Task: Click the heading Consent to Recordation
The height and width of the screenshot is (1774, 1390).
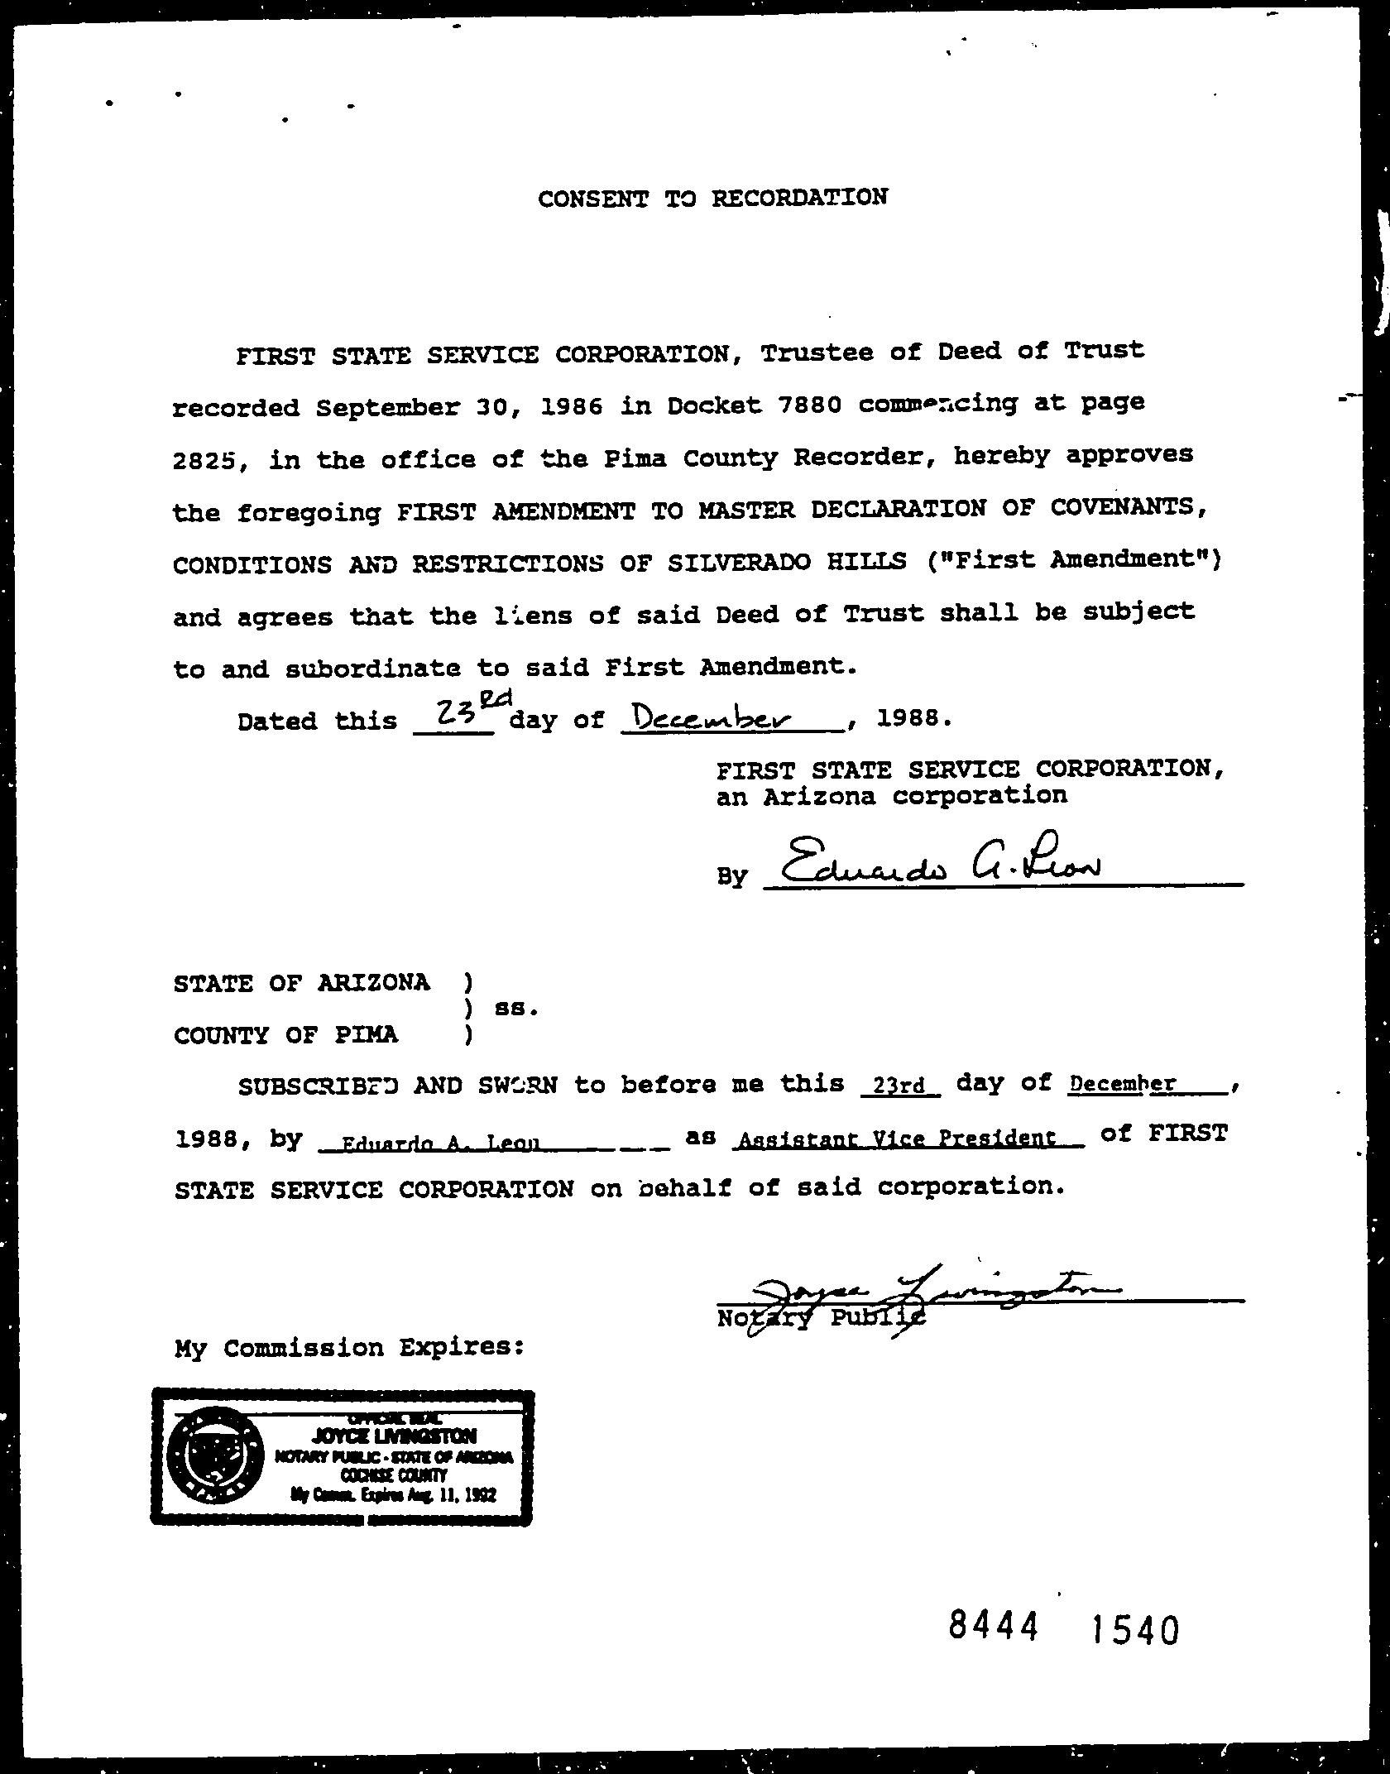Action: tap(712, 199)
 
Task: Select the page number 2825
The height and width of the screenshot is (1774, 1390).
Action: tap(206, 459)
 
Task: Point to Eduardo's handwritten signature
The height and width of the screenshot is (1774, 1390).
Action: tap(938, 863)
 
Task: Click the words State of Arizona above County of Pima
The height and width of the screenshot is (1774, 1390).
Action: tap(301, 983)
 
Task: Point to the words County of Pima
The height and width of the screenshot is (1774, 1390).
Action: tap(285, 1035)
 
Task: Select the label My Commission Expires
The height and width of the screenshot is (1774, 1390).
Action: tap(350, 1347)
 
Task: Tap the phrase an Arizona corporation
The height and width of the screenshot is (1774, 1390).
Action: tap(891, 796)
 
